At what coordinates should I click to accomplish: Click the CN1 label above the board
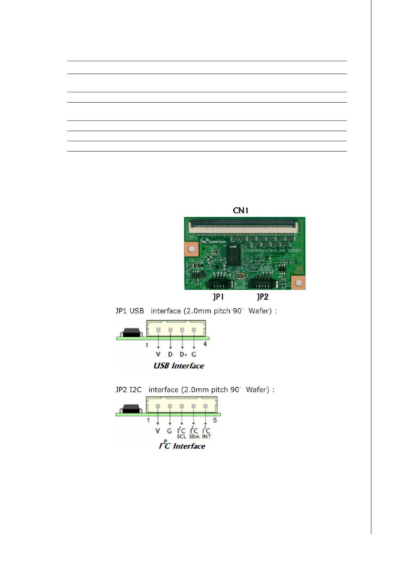[x=240, y=211]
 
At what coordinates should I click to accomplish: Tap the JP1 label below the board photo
[x=218, y=297]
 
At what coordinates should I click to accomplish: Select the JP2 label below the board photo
[x=263, y=297]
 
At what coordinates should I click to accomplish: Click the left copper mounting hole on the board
[x=191, y=249]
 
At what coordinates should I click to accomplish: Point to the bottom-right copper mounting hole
[x=298, y=283]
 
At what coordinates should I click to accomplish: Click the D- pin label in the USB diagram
[x=171, y=354]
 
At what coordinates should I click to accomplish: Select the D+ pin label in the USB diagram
[x=183, y=354]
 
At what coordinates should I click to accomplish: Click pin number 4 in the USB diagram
[x=205, y=344]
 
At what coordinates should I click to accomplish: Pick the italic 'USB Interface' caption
[x=179, y=366]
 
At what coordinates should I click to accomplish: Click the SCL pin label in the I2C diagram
[x=181, y=436]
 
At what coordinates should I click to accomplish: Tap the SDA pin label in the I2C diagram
[x=194, y=436]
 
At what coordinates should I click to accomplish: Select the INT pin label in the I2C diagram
[x=206, y=436]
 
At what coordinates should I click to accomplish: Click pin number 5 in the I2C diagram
[x=215, y=421]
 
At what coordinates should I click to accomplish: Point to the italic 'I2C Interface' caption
[x=182, y=445]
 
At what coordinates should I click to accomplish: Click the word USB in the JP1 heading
[x=137, y=311]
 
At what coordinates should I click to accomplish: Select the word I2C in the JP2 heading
[x=135, y=390]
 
